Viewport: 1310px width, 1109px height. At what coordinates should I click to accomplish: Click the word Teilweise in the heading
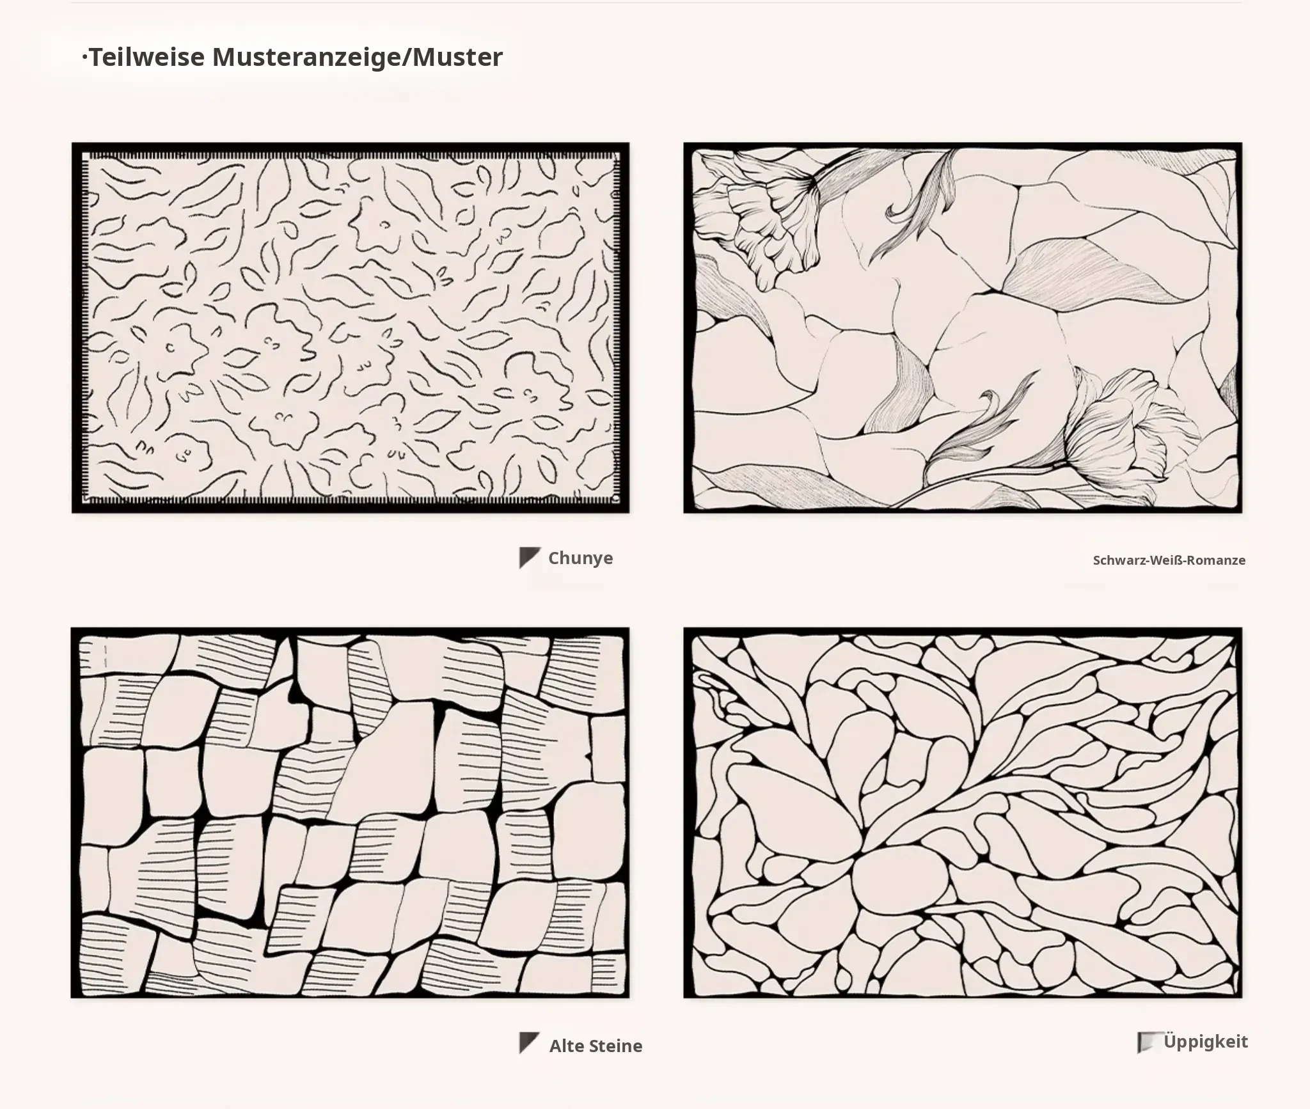(x=146, y=58)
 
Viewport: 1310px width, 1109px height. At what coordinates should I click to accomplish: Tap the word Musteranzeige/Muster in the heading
(x=358, y=58)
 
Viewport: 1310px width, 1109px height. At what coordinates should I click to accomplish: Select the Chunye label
(x=581, y=558)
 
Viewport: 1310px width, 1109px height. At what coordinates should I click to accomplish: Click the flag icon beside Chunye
(x=530, y=558)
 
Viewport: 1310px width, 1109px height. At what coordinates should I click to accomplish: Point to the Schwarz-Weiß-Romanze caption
(x=1169, y=560)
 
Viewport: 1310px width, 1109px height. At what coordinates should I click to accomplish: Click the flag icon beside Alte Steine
(x=529, y=1043)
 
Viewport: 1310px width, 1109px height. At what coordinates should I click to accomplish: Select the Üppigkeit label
(x=1206, y=1041)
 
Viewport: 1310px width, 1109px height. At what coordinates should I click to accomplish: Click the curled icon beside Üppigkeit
(x=1148, y=1042)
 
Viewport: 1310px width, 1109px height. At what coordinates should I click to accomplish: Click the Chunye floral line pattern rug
(x=351, y=327)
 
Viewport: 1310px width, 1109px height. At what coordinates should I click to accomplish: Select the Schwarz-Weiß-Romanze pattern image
(x=963, y=327)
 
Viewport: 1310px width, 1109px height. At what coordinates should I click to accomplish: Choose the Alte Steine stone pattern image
(x=350, y=812)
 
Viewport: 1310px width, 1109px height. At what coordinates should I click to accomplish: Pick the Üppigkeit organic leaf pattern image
(x=963, y=812)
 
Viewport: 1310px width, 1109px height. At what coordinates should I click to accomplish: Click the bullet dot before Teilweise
(x=84, y=58)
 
